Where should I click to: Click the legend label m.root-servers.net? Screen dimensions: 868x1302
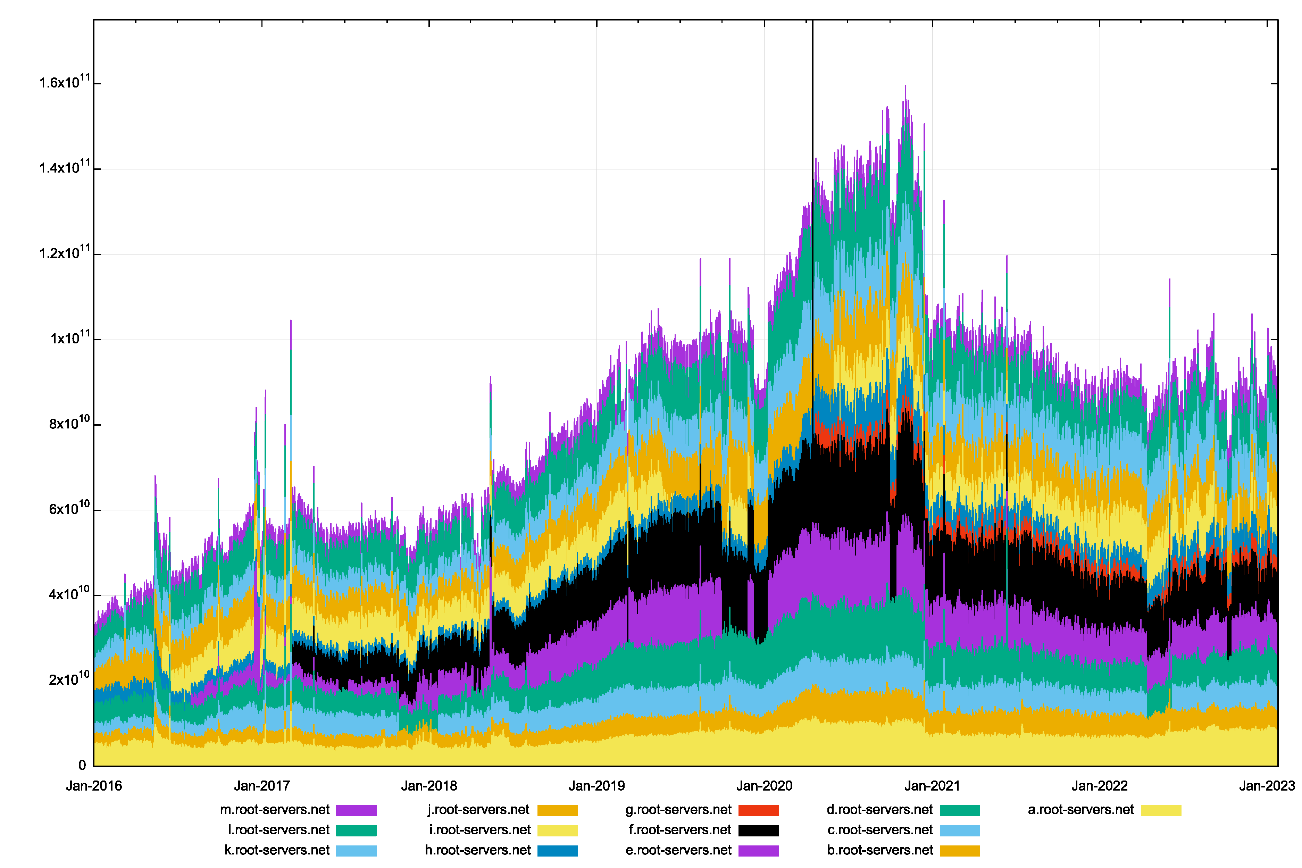(x=275, y=810)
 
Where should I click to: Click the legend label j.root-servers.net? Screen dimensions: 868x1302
(x=478, y=810)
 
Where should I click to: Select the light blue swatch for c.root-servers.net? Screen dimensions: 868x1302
(x=960, y=831)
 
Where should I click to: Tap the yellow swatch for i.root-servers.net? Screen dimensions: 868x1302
(x=558, y=831)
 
